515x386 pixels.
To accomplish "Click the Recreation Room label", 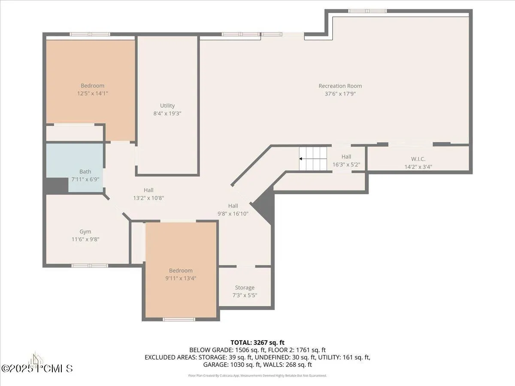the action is pyautogui.click(x=340, y=86).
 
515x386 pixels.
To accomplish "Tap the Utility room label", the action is pyautogui.click(x=167, y=106).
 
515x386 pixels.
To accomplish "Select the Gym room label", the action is pyautogui.click(x=85, y=232).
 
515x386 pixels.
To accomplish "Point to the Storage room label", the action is pyautogui.click(x=245, y=287).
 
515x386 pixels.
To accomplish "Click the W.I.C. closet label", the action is pyautogui.click(x=418, y=159).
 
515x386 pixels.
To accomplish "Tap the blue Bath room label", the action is pyautogui.click(x=85, y=172).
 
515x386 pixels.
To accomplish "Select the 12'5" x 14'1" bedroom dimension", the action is pyautogui.click(x=92, y=93).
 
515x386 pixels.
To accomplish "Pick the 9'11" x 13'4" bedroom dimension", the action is pyautogui.click(x=181, y=278).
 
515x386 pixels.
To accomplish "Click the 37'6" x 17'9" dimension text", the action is pyautogui.click(x=340, y=94).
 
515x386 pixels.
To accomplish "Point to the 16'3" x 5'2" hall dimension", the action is pyautogui.click(x=346, y=165).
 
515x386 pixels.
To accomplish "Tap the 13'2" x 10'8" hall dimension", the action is pyautogui.click(x=148, y=198).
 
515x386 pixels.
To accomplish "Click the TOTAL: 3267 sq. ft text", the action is pyautogui.click(x=257, y=343).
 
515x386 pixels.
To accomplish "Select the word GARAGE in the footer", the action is pyautogui.click(x=215, y=365).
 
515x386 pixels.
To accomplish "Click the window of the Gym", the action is pyautogui.click(x=90, y=265).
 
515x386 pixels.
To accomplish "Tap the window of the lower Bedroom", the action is pyautogui.click(x=179, y=319).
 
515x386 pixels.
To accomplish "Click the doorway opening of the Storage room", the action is pyautogui.click(x=245, y=266).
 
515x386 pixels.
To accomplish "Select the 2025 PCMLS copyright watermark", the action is pyautogui.click(x=37, y=368).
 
